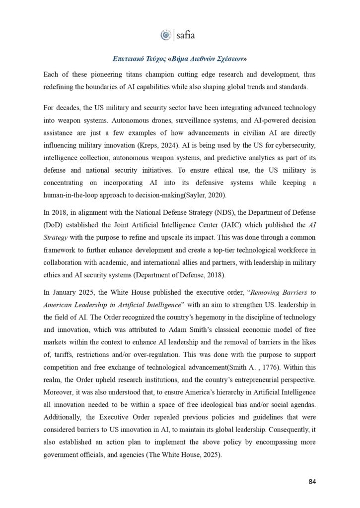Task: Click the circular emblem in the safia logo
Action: [x=166, y=35]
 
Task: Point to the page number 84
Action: [x=311, y=481]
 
